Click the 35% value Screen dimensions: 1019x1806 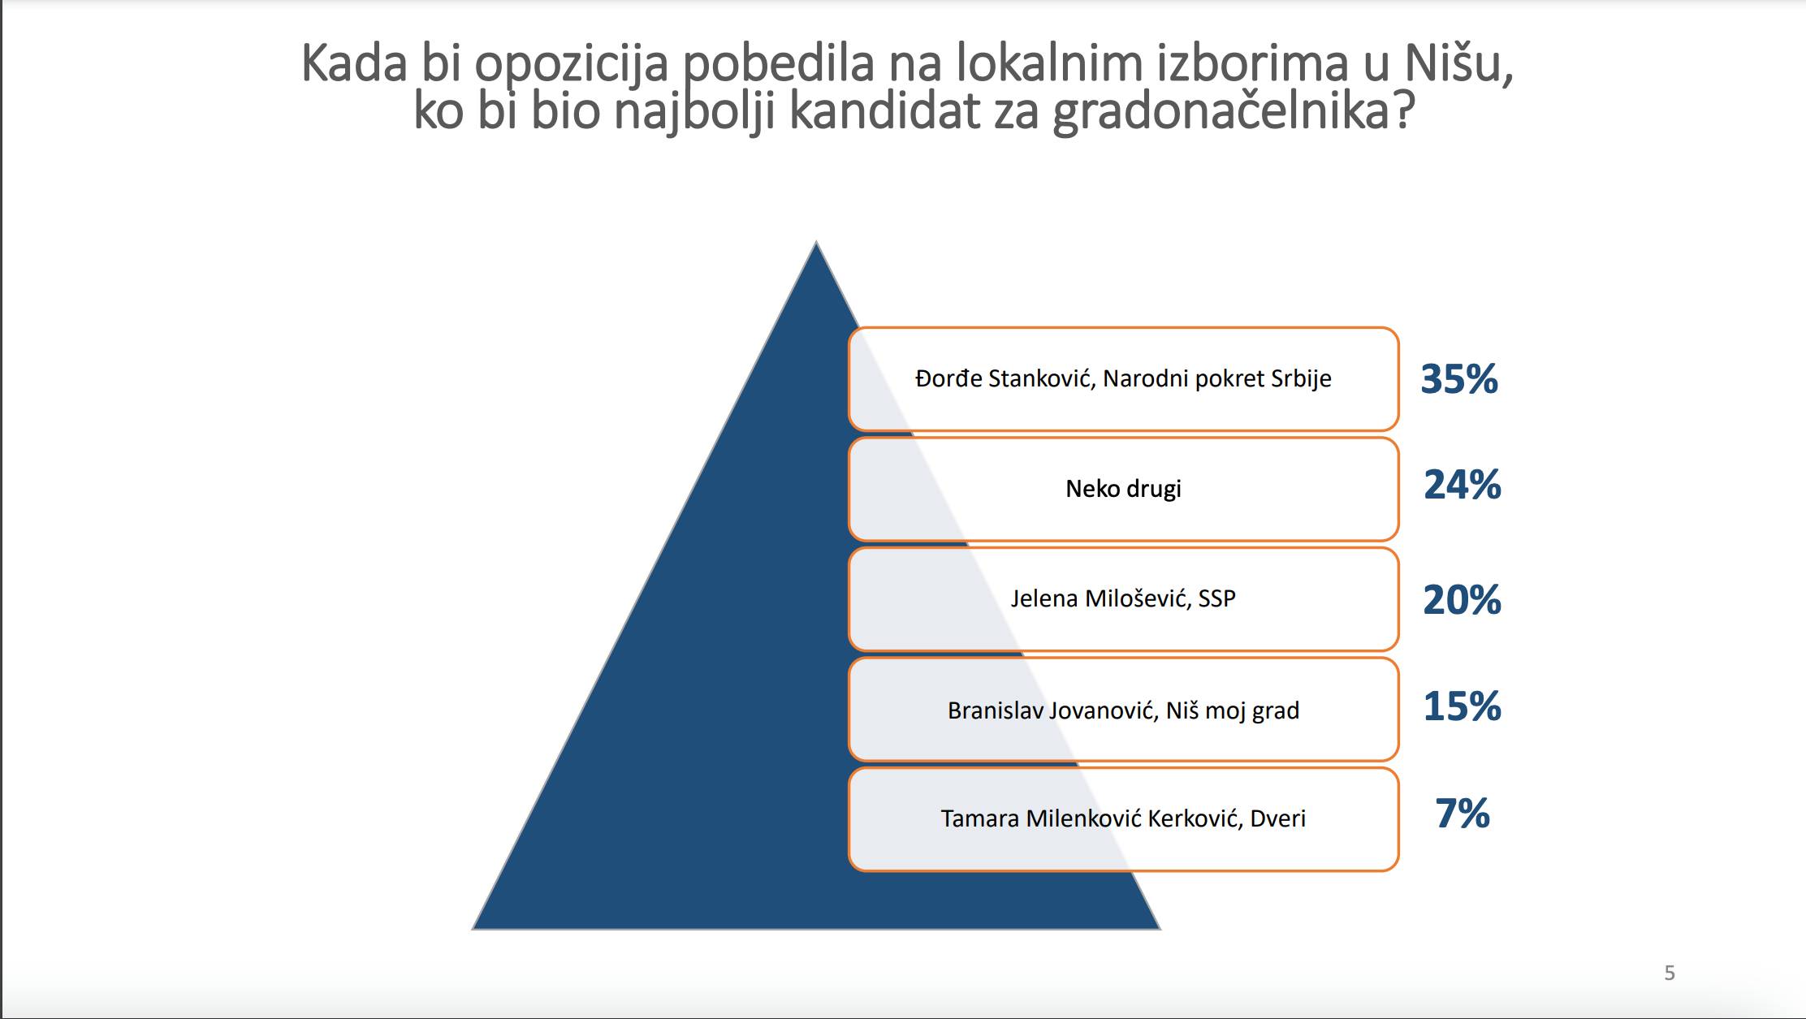tap(1458, 379)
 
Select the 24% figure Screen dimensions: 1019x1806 tap(1462, 486)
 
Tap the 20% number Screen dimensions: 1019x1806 tap(1462, 601)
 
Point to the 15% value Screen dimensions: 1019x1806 tap(1462, 706)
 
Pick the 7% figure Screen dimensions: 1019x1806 tap(1462, 814)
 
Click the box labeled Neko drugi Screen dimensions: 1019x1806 tap(1123, 489)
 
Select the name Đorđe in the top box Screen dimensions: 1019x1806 tap(948, 379)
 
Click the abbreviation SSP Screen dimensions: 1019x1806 tap(1216, 599)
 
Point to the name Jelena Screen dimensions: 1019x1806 tap(1044, 599)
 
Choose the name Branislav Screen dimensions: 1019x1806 tap(995, 710)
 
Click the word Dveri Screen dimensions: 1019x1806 tap(1277, 818)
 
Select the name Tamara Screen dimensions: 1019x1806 tap(979, 818)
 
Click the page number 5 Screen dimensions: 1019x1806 tap(1670, 973)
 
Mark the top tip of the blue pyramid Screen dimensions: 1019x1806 tap(816, 243)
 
